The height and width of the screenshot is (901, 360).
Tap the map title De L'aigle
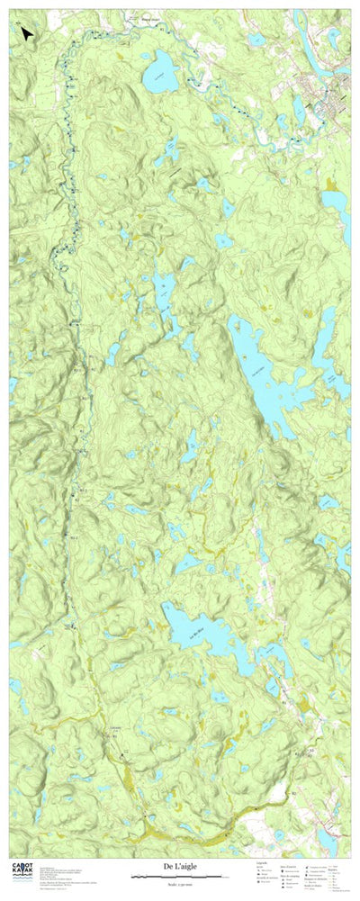pos(180,866)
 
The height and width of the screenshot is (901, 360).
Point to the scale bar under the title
pos(180,876)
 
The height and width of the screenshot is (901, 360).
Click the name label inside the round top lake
pos(160,76)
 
